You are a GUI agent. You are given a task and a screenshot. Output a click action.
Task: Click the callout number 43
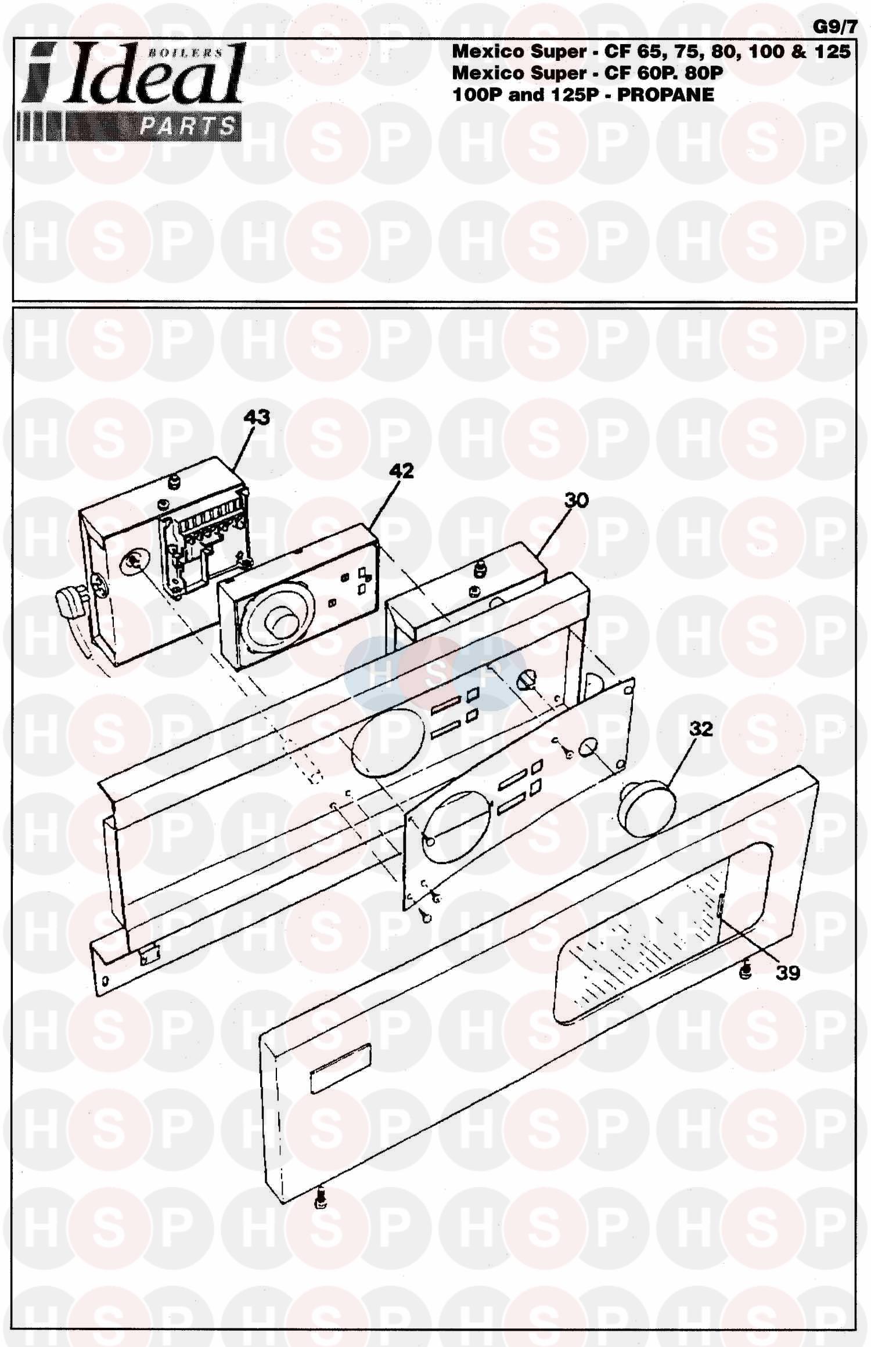257,417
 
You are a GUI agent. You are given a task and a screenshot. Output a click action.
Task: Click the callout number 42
401,470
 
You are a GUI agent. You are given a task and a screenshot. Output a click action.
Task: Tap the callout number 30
576,500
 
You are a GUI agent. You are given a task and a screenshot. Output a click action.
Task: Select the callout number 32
701,728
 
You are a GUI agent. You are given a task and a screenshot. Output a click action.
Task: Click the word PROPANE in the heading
665,95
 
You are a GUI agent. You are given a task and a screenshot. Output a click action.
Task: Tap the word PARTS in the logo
188,127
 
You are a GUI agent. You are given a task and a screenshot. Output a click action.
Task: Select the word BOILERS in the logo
185,52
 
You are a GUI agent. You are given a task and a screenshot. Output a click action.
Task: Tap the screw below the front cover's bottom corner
320,1200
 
